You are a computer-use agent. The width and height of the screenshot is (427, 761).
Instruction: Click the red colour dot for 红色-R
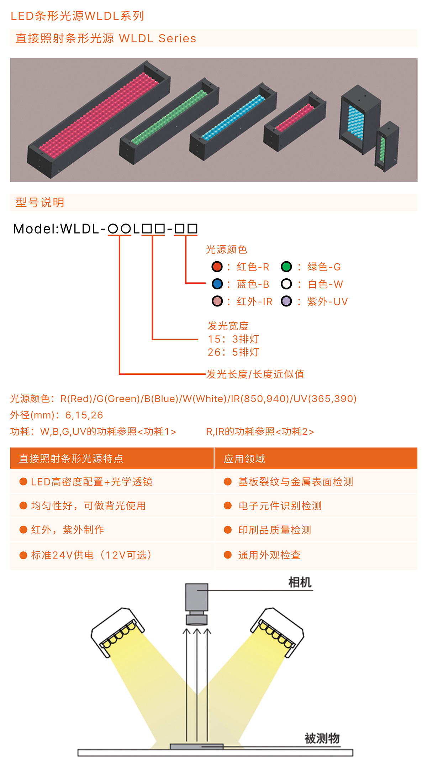217,267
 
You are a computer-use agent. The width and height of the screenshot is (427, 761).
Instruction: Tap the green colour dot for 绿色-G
286,267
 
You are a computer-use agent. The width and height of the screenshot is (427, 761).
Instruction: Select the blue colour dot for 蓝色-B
217,284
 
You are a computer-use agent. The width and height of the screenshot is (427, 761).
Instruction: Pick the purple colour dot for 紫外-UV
286,301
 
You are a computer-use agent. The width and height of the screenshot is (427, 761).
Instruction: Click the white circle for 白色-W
286,284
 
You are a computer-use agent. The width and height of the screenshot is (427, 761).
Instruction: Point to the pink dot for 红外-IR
217,301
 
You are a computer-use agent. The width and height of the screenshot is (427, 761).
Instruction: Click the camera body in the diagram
196,597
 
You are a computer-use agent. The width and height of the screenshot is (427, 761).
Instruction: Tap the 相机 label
300,583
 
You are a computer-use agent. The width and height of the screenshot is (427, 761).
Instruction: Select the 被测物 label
322,738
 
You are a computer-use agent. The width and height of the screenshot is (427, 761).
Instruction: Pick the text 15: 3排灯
233,339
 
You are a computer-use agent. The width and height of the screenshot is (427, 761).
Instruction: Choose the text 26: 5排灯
233,352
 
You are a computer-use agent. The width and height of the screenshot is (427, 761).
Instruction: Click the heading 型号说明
40,203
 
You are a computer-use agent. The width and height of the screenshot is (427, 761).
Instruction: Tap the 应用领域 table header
244,459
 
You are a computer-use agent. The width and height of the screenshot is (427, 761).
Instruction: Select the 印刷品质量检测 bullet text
274,530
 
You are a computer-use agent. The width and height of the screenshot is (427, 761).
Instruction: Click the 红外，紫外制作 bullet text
68,530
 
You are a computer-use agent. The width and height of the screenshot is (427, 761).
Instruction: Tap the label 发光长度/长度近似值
255,374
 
